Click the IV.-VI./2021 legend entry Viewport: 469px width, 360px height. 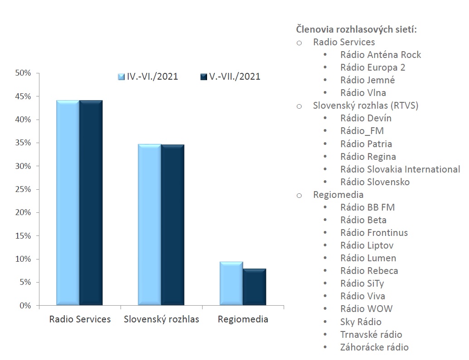tap(148, 76)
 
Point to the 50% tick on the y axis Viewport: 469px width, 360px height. tap(23, 73)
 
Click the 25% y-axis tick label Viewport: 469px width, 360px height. tap(23, 189)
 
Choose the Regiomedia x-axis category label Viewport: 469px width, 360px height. tap(243, 319)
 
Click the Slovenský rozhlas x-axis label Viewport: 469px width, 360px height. tap(161, 319)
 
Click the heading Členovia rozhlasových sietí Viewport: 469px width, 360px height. tap(356, 29)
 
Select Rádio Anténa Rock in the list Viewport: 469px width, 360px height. tap(381, 55)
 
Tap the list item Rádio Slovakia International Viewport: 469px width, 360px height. tap(400, 169)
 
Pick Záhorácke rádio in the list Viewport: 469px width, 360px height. tap(374, 347)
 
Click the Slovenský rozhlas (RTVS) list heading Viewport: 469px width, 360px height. tap(366, 106)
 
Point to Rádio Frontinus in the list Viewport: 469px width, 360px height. tap(374, 233)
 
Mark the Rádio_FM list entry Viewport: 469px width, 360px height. tap(362, 131)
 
